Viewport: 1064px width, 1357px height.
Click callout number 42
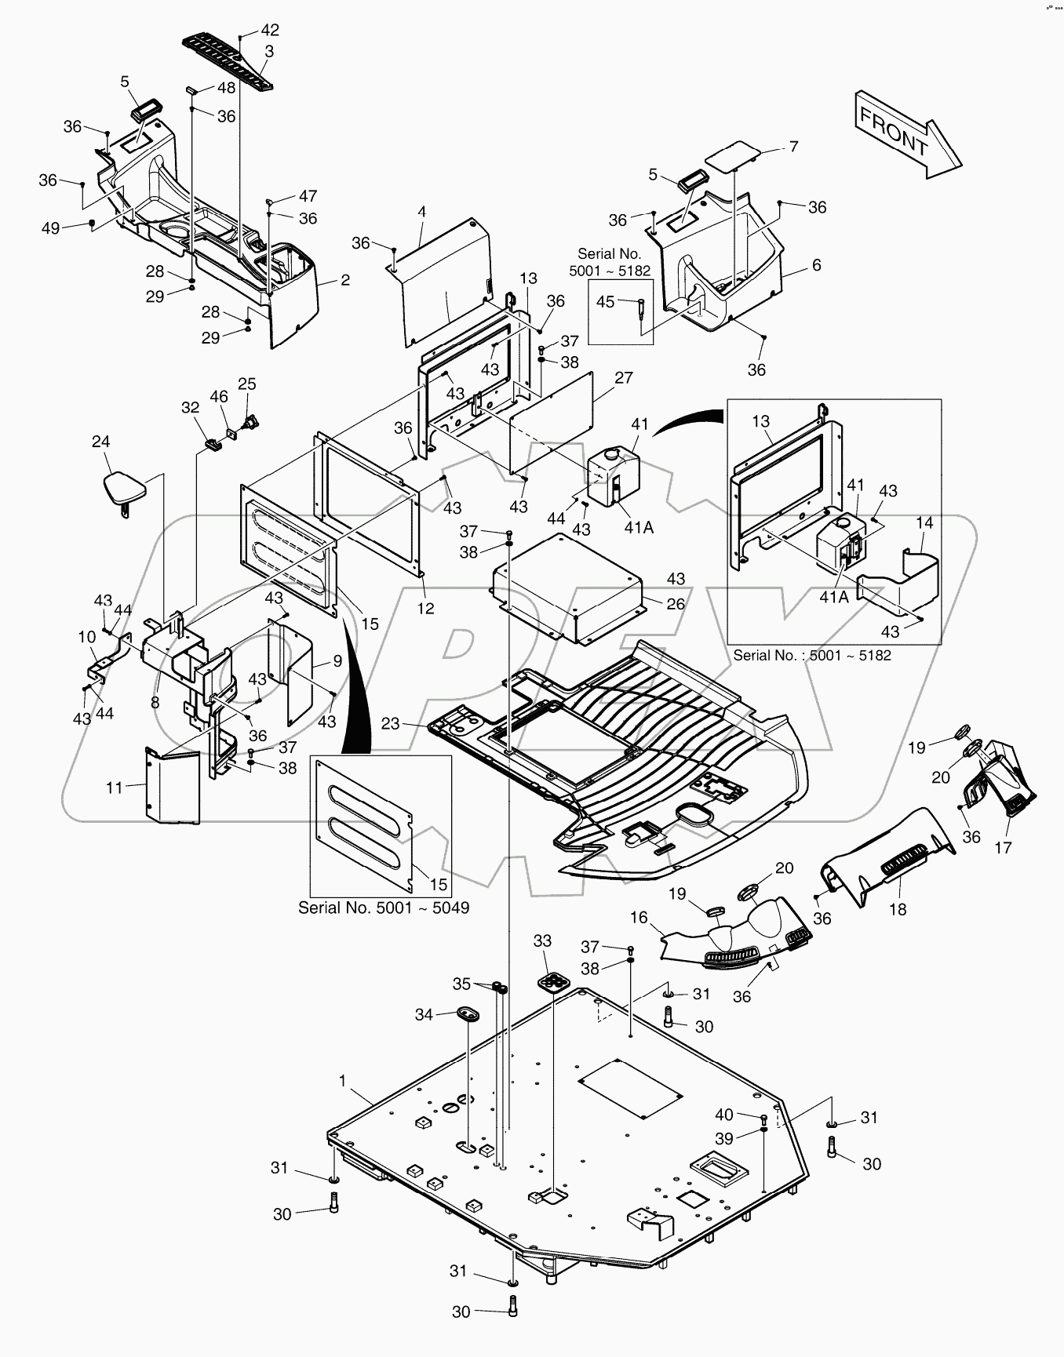click(269, 30)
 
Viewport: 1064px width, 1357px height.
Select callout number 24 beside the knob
click(100, 442)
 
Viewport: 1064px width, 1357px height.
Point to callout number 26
click(676, 603)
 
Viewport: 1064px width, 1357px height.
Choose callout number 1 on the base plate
click(342, 1081)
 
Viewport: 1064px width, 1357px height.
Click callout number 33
click(542, 940)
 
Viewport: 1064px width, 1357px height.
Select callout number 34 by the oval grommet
click(424, 1014)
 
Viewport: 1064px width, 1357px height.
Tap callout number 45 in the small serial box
click(605, 301)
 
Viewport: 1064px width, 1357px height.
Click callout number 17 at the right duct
click(1003, 847)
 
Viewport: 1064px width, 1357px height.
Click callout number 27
click(623, 378)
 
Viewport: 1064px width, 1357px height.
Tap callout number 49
click(50, 227)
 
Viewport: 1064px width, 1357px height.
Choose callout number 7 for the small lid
click(793, 147)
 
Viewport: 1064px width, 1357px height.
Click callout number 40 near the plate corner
click(723, 1115)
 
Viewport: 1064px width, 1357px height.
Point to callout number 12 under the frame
click(425, 608)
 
